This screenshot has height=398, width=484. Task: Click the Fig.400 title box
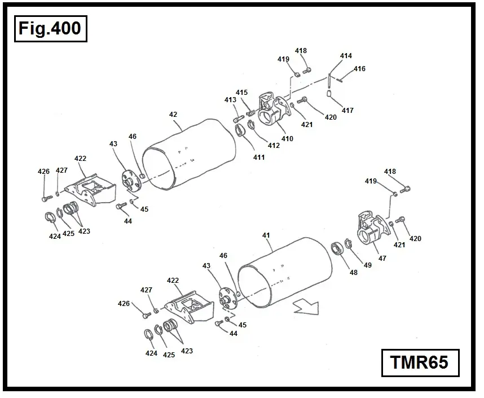coord(50,28)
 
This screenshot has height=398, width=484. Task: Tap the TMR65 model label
coord(419,362)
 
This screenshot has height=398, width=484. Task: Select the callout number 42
coord(173,115)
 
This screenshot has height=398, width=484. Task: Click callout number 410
coord(288,138)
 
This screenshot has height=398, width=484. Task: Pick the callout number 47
coord(382,258)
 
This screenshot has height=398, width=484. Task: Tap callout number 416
coord(359,69)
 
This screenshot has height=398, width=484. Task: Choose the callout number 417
coord(347,110)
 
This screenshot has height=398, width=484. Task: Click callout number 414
coord(346,56)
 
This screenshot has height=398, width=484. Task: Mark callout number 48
coord(354,272)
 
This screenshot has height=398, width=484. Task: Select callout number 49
coord(367,265)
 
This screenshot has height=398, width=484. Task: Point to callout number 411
coord(258,158)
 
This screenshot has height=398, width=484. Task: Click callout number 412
coord(274,146)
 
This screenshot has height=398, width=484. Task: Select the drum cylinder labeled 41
coord(285,274)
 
